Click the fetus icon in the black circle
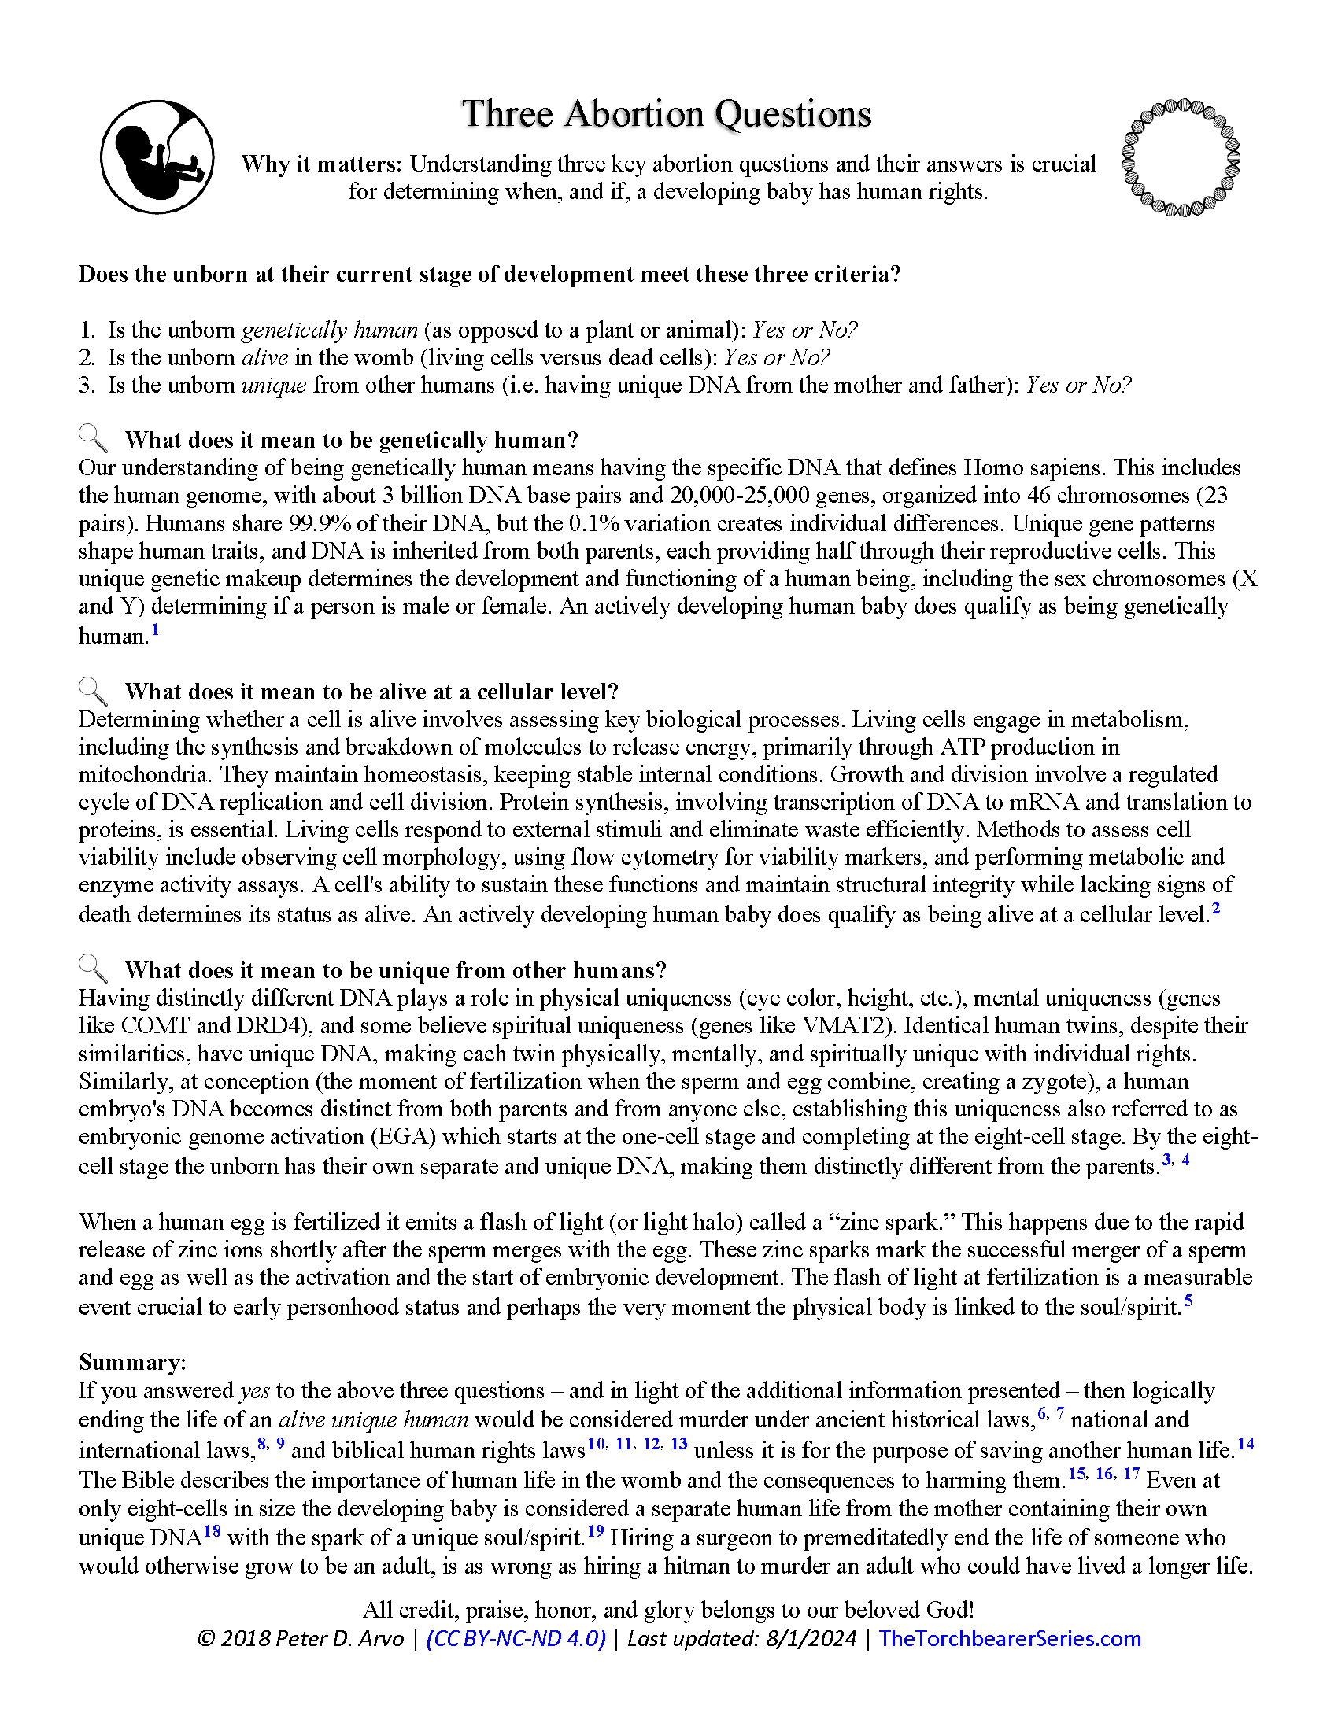[x=157, y=157]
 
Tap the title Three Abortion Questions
[x=667, y=114]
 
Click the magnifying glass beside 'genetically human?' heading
[x=93, y=437]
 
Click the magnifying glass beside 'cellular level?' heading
[x=93, y=689]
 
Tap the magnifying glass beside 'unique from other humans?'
[x=93, y=968]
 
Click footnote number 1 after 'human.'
[x=155, y=630]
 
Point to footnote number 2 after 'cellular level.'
[x=1216, y=908]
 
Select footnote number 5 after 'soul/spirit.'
[x=1188, y=1301]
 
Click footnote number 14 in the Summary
[x=1246, y=1443]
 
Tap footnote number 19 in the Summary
[x=595, y=1530]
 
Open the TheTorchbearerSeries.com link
[x=1009, y=1638]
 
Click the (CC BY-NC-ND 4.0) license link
[x=516, y=1638]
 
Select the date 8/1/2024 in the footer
[x=811, y=1638]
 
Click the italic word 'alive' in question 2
[x=264, y=357]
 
